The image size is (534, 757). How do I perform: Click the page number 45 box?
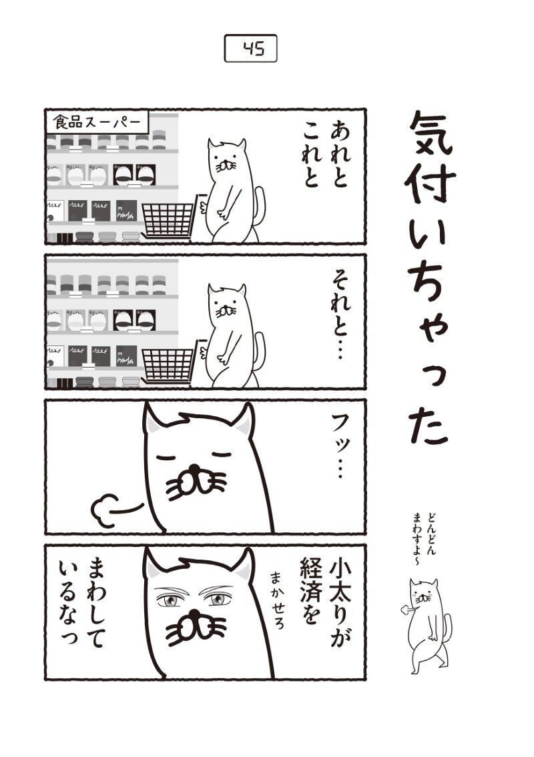(251, 48)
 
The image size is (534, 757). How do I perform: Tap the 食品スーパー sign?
(97, 123)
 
